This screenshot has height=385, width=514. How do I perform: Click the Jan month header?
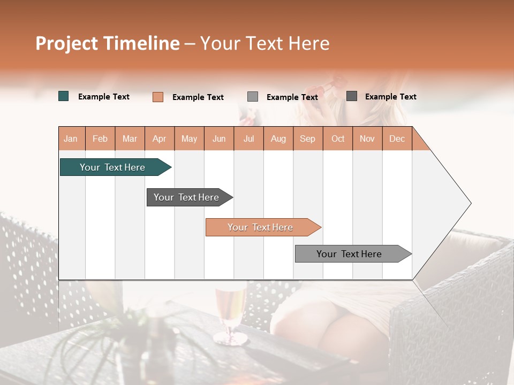(x=71, y=139)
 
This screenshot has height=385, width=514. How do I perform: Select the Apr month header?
(x=159, y=139)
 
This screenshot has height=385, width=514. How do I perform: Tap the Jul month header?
(x=248, y=139)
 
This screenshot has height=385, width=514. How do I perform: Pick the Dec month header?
(x=397, y=139)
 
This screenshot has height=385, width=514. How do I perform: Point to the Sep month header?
(x=307, y=139)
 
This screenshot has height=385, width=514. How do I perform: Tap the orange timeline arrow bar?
(x=262, y=227)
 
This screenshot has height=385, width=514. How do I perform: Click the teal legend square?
(x=64, y=96)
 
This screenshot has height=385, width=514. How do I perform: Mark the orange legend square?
(x=158, y=97)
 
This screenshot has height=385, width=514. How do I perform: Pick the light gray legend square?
(x=253, y=97)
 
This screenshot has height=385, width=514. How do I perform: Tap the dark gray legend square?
(x=352, y=96)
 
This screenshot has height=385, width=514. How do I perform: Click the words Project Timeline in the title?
(x=108, y=43)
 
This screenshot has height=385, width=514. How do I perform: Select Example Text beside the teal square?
(x=104, y=97)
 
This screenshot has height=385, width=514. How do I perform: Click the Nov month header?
(x=367, y=139)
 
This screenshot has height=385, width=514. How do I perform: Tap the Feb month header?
(x=100, y=139)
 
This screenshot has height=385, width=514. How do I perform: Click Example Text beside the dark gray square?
(x=391, y=97)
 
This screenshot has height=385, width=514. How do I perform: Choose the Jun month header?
(x=219, y=139)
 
